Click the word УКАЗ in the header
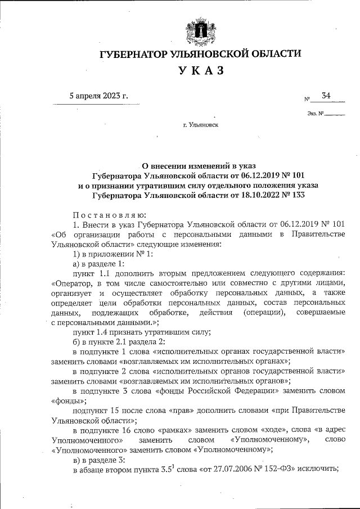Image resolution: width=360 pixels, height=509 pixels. click(x=201, y=71)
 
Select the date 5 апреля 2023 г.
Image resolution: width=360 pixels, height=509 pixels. click(x=98, y=96)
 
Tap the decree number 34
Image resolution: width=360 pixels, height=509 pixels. click(x=326, y=96)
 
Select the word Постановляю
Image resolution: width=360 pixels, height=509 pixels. click(x=110, y=214)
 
